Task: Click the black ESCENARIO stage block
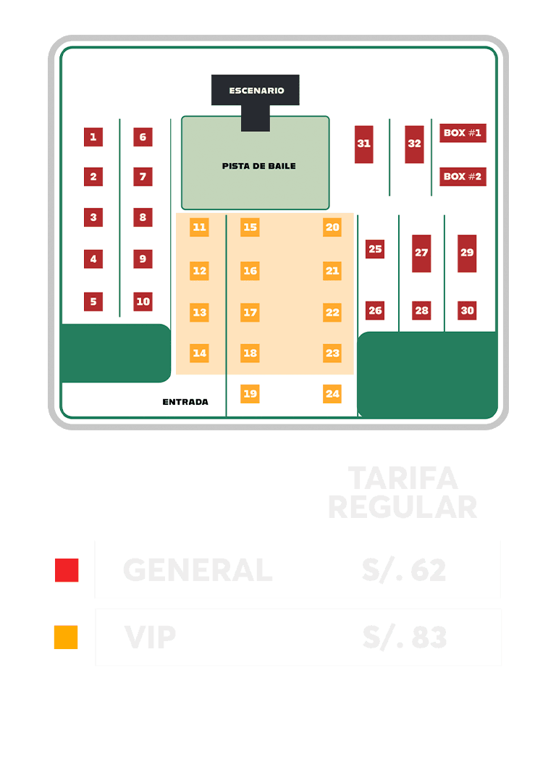pos(256,91)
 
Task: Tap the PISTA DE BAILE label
pos(258,166)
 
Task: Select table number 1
pos(93,137)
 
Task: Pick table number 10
pos(143,301)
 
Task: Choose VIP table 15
pos(250,227)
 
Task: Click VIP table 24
pos(332,394)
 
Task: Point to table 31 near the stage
pos(363,143)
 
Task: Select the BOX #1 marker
pos(463,133)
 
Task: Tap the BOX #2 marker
pos(463,176)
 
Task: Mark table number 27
pos(421,253)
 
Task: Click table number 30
pos(467,311)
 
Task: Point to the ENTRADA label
pos(185,402)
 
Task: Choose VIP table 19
pos(250,394)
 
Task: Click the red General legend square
pos(67,570)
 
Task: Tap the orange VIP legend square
pos(66,637)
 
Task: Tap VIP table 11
pos(199,227)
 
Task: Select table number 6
pos(143,137)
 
